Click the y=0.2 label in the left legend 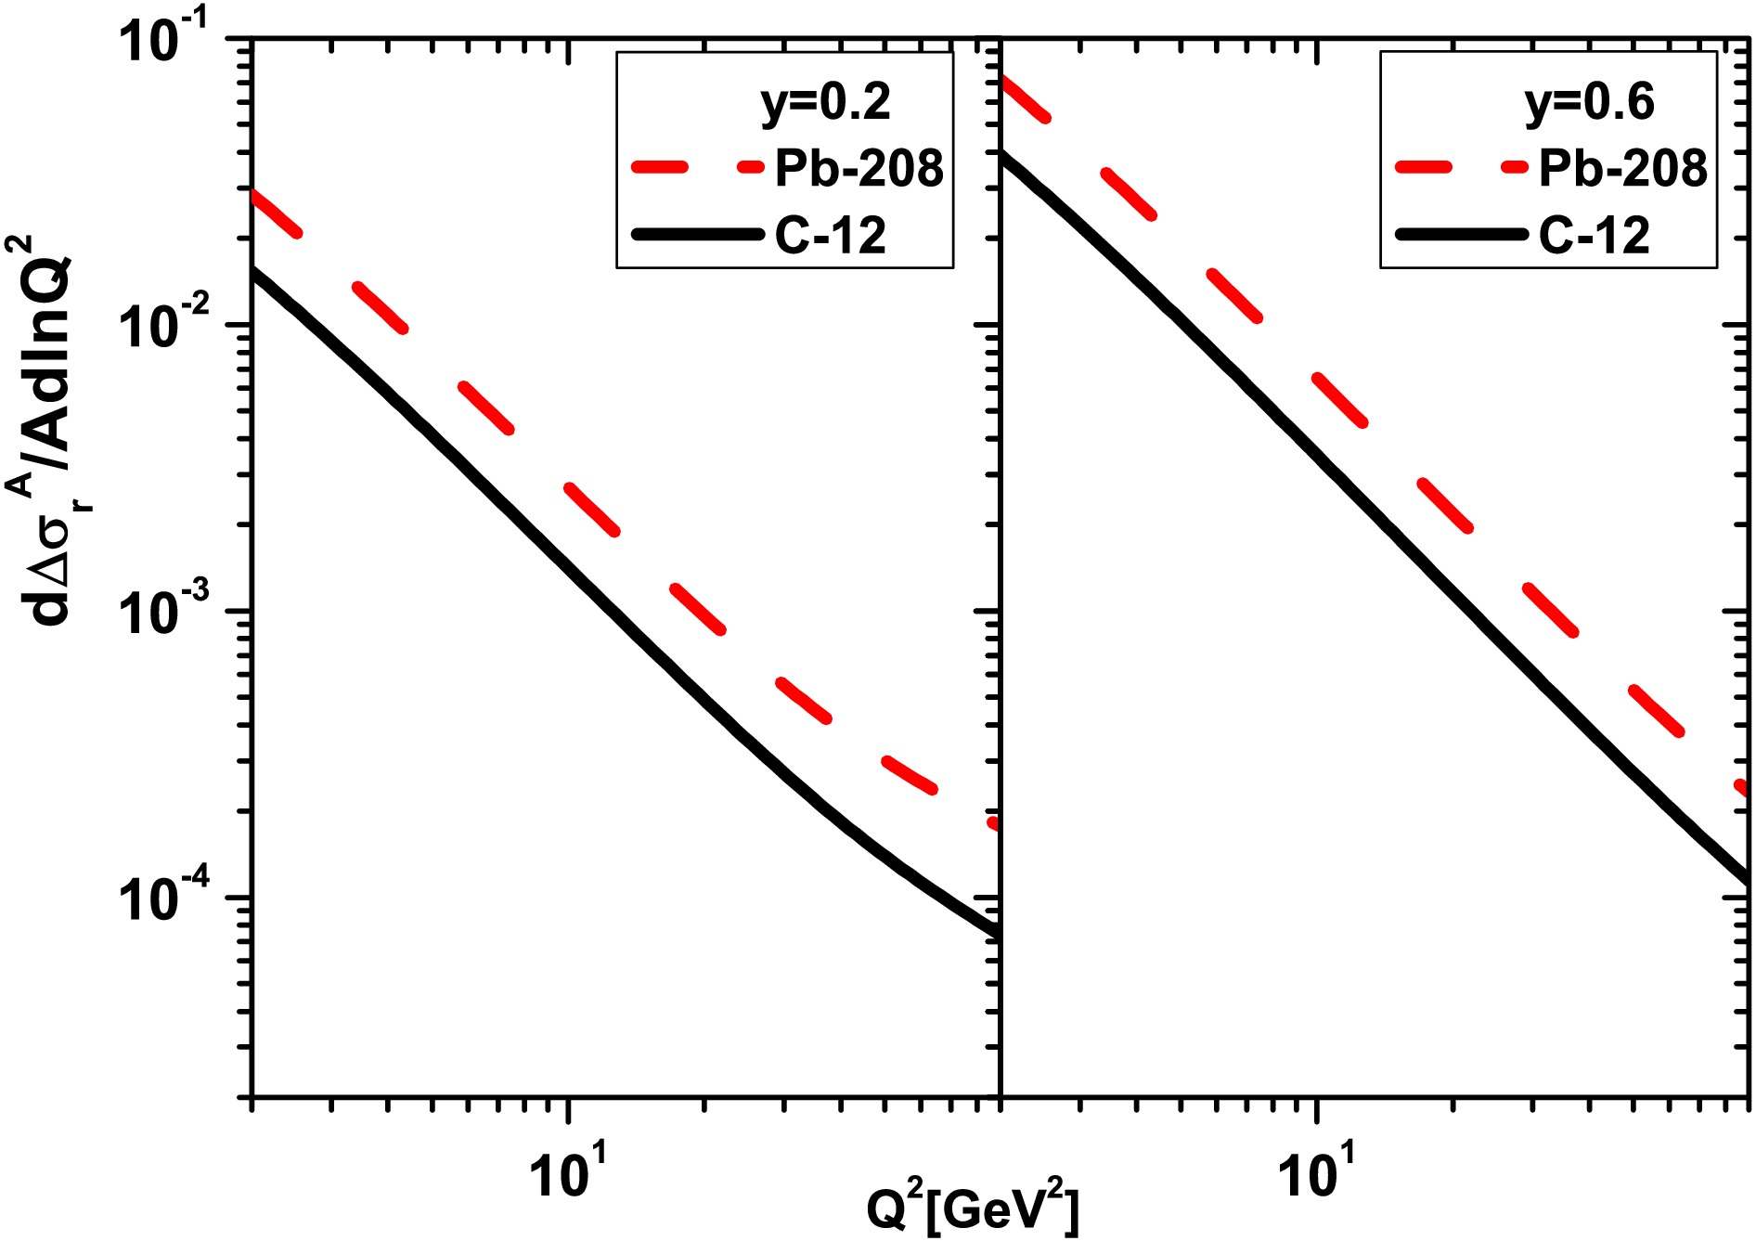(825, 102)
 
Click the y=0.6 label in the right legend (1589, 102)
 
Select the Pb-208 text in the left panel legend (859, 169)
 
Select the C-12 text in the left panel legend (831, 236)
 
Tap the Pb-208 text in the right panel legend (1622, 169)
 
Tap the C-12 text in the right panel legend (1595, 236)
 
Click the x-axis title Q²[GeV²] (973, 1209)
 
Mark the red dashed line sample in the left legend (696, 168)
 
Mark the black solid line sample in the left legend (696, 235)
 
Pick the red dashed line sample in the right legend (1460, 168)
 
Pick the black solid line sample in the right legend (1460, 235)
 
